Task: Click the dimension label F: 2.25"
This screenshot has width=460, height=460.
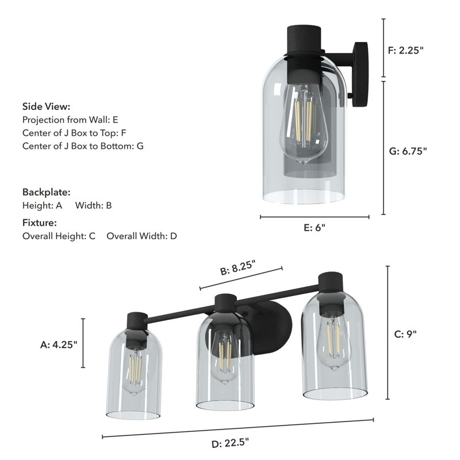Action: coord(405,50)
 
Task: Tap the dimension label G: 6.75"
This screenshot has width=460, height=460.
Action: coord(408,152)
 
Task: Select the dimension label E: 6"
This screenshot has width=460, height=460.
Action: coord(315,227)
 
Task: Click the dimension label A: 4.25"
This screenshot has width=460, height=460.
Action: coord(58,345)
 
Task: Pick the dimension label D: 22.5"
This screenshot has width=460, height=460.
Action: coord(229,443)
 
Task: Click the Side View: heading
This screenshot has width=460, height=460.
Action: coord(46,106)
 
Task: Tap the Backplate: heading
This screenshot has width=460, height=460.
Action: coord(46,192)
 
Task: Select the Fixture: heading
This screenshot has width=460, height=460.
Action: coord(40,223)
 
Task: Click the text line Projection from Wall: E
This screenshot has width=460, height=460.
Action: coord(70,120)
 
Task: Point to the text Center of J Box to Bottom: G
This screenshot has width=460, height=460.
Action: coord(83,146)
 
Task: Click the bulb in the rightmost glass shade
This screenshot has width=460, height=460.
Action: coord(333,339)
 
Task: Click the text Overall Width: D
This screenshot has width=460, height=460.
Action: coord(141,236)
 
